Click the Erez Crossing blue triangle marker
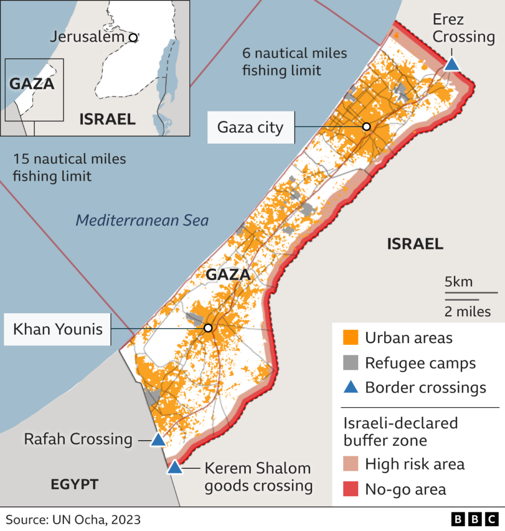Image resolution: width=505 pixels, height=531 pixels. tap(452, 65)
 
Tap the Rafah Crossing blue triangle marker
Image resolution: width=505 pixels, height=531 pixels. tap(158, 441)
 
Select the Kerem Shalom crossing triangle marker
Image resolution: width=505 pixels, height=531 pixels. tap(175, 468)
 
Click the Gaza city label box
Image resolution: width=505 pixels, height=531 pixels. tap(251, 127)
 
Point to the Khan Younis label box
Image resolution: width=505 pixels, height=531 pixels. tap(58, 329)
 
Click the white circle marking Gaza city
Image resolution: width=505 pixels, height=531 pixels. tap(367, 127)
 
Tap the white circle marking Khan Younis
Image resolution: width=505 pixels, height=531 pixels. tap(208, 328)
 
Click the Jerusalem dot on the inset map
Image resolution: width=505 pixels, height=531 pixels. tap(133, 37)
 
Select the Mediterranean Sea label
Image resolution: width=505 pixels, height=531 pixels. tap(142, 220)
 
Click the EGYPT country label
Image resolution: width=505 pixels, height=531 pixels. tap(74, 485)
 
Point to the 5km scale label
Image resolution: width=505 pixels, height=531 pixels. tap(459, 282)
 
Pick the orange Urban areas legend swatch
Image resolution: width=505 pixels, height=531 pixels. tap(350, 338)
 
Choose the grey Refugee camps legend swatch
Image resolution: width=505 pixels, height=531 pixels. tap(350, 363)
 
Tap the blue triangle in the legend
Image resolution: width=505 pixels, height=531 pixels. tap(351, 387)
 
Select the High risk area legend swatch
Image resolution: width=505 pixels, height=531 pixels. tap(350, 464)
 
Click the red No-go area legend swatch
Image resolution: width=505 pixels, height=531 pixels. tap(350, 488)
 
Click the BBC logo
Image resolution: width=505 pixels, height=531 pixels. tap(474, 519)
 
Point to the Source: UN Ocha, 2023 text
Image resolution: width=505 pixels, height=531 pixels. tap(73, 520)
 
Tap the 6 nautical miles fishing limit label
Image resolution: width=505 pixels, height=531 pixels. tap(294, 62)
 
